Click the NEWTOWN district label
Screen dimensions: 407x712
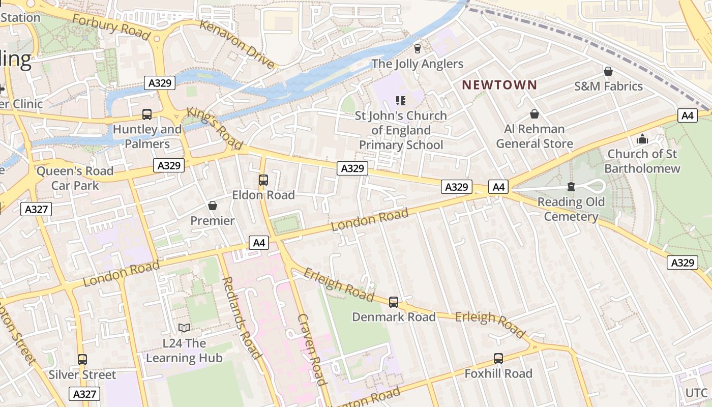pos(499,85)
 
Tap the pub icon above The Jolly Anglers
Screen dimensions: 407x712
pos(418,49)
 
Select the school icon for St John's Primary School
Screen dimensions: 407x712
pos(401,101)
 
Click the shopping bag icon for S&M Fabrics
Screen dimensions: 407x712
pos(608,71)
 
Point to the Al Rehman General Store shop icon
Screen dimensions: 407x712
pos(534,114)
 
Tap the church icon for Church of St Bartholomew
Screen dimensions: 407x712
pos(642,139)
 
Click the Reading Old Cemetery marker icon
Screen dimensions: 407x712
pos(571,187)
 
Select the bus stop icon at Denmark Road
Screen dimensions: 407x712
pos(394,302)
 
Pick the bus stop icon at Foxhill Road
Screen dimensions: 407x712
pos(498,359)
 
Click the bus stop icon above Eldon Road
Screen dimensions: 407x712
pos(263,180)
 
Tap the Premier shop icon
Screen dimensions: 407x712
pos(213,206)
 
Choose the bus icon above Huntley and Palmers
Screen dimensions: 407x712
pos(147,114)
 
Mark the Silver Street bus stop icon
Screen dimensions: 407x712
pos(82,360)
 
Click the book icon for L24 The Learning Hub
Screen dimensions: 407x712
pos(184,329)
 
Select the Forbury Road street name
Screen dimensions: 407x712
pos(111,26)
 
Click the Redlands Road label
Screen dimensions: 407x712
pos(242,317)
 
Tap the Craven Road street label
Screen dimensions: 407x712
pos(311,350)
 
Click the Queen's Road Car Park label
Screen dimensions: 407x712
pos(75,178)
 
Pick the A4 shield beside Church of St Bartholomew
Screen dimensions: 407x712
pos(687,115)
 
